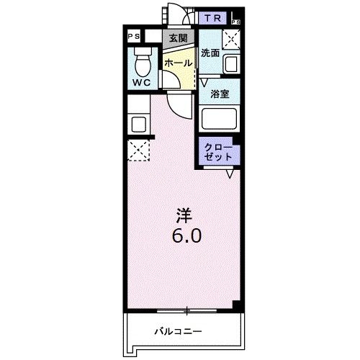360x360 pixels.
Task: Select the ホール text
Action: [x=178, y=64]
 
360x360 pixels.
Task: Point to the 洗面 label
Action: [x=210, y=53]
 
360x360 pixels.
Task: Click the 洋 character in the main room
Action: [x=185, y=214]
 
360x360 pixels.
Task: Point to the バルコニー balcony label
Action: [x=178, y=332]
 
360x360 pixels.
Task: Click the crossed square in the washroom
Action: [x=231, y=40]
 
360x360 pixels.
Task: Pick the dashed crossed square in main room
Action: [x=138, y=150]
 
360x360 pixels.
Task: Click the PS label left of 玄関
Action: [x=133, y=35]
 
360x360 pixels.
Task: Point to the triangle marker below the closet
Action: [x=230, y=174]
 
